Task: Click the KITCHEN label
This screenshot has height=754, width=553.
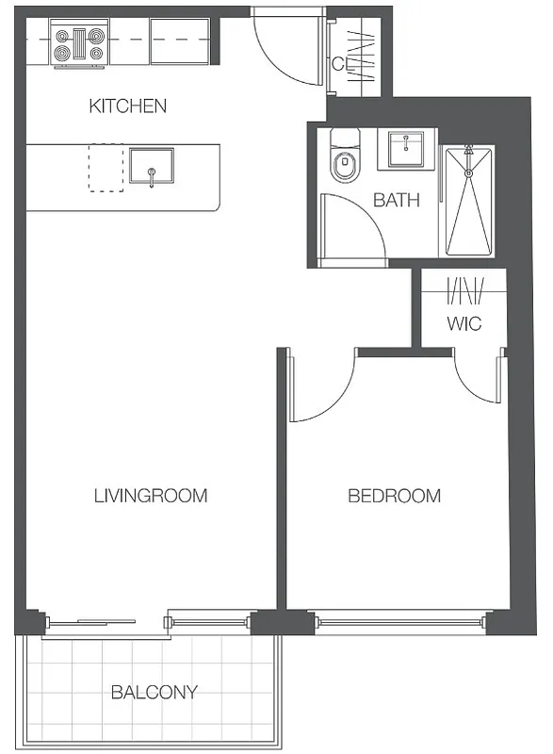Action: (x=127, y=106)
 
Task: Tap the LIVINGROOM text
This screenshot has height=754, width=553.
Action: (x=151, y=496)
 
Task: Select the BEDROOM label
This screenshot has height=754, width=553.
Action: (x=395, y=496)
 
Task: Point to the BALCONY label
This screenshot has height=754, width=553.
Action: (x=155, y=692)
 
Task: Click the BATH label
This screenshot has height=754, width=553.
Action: (x=396, y=200)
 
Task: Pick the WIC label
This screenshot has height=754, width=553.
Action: (x=464, y=324)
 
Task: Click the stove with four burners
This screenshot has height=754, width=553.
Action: (x=79, y=44)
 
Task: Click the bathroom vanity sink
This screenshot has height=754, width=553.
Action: (x=406, y=149)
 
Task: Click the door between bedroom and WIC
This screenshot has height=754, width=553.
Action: (x=476, y=377)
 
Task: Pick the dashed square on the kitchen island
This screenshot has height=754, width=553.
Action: (x=106, y=168)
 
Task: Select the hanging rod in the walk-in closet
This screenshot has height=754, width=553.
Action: (x=464, y=291)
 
